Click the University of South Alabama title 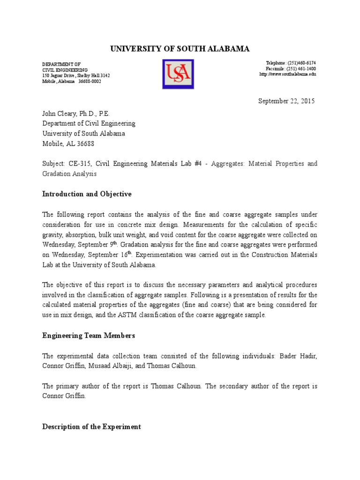click(x=180, y=49)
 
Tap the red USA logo click(x=178, y=74)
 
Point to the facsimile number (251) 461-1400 click(x=300, y=69)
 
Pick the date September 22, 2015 click(x=286, y=101)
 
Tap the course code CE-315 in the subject click(x=77, y=164)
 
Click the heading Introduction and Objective click(x=87, y=194)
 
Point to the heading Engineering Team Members click(x=89, y=335)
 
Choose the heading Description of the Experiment click(x=91, y=427)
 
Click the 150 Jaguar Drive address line click(x=76, y=75)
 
